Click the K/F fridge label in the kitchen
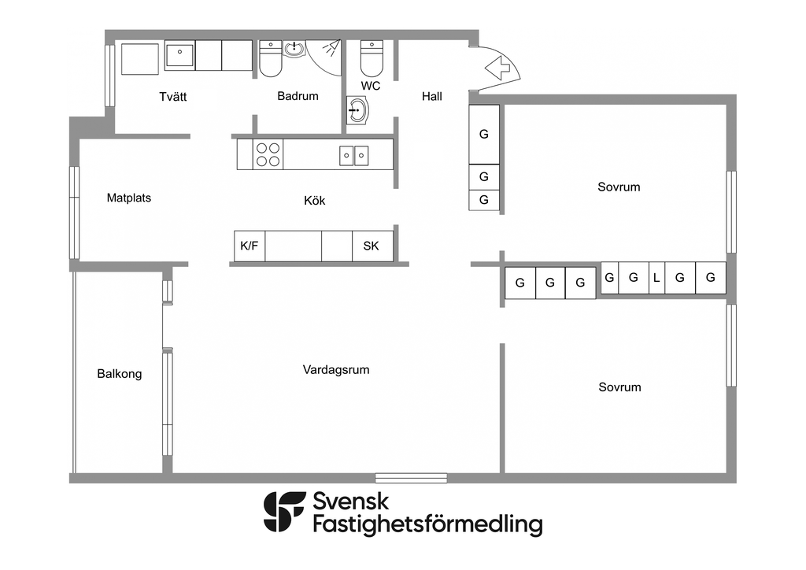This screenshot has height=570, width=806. point(249,246)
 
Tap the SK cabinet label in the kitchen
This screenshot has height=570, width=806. point(371,246)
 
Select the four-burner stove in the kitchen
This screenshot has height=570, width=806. point(268,154)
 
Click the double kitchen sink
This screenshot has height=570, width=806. point(354,155)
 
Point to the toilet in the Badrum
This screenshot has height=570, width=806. point(271,59)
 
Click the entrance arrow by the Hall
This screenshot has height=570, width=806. point(501,68)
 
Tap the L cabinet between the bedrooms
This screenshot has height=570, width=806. point(656,278)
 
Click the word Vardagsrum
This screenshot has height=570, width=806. point(336,369)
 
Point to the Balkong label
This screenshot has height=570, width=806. point(120,374)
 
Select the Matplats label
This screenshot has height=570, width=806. point(129,198)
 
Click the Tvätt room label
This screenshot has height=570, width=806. point(173,97)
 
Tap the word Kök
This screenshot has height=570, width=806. point(314,201)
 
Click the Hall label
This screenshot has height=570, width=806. point(432,97)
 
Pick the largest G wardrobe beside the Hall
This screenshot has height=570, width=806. point(484,134)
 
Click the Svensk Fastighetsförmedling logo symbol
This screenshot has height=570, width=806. point(284,513)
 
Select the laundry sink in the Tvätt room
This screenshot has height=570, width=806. point(179,55)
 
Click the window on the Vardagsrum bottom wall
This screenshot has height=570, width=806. point(411,477)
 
